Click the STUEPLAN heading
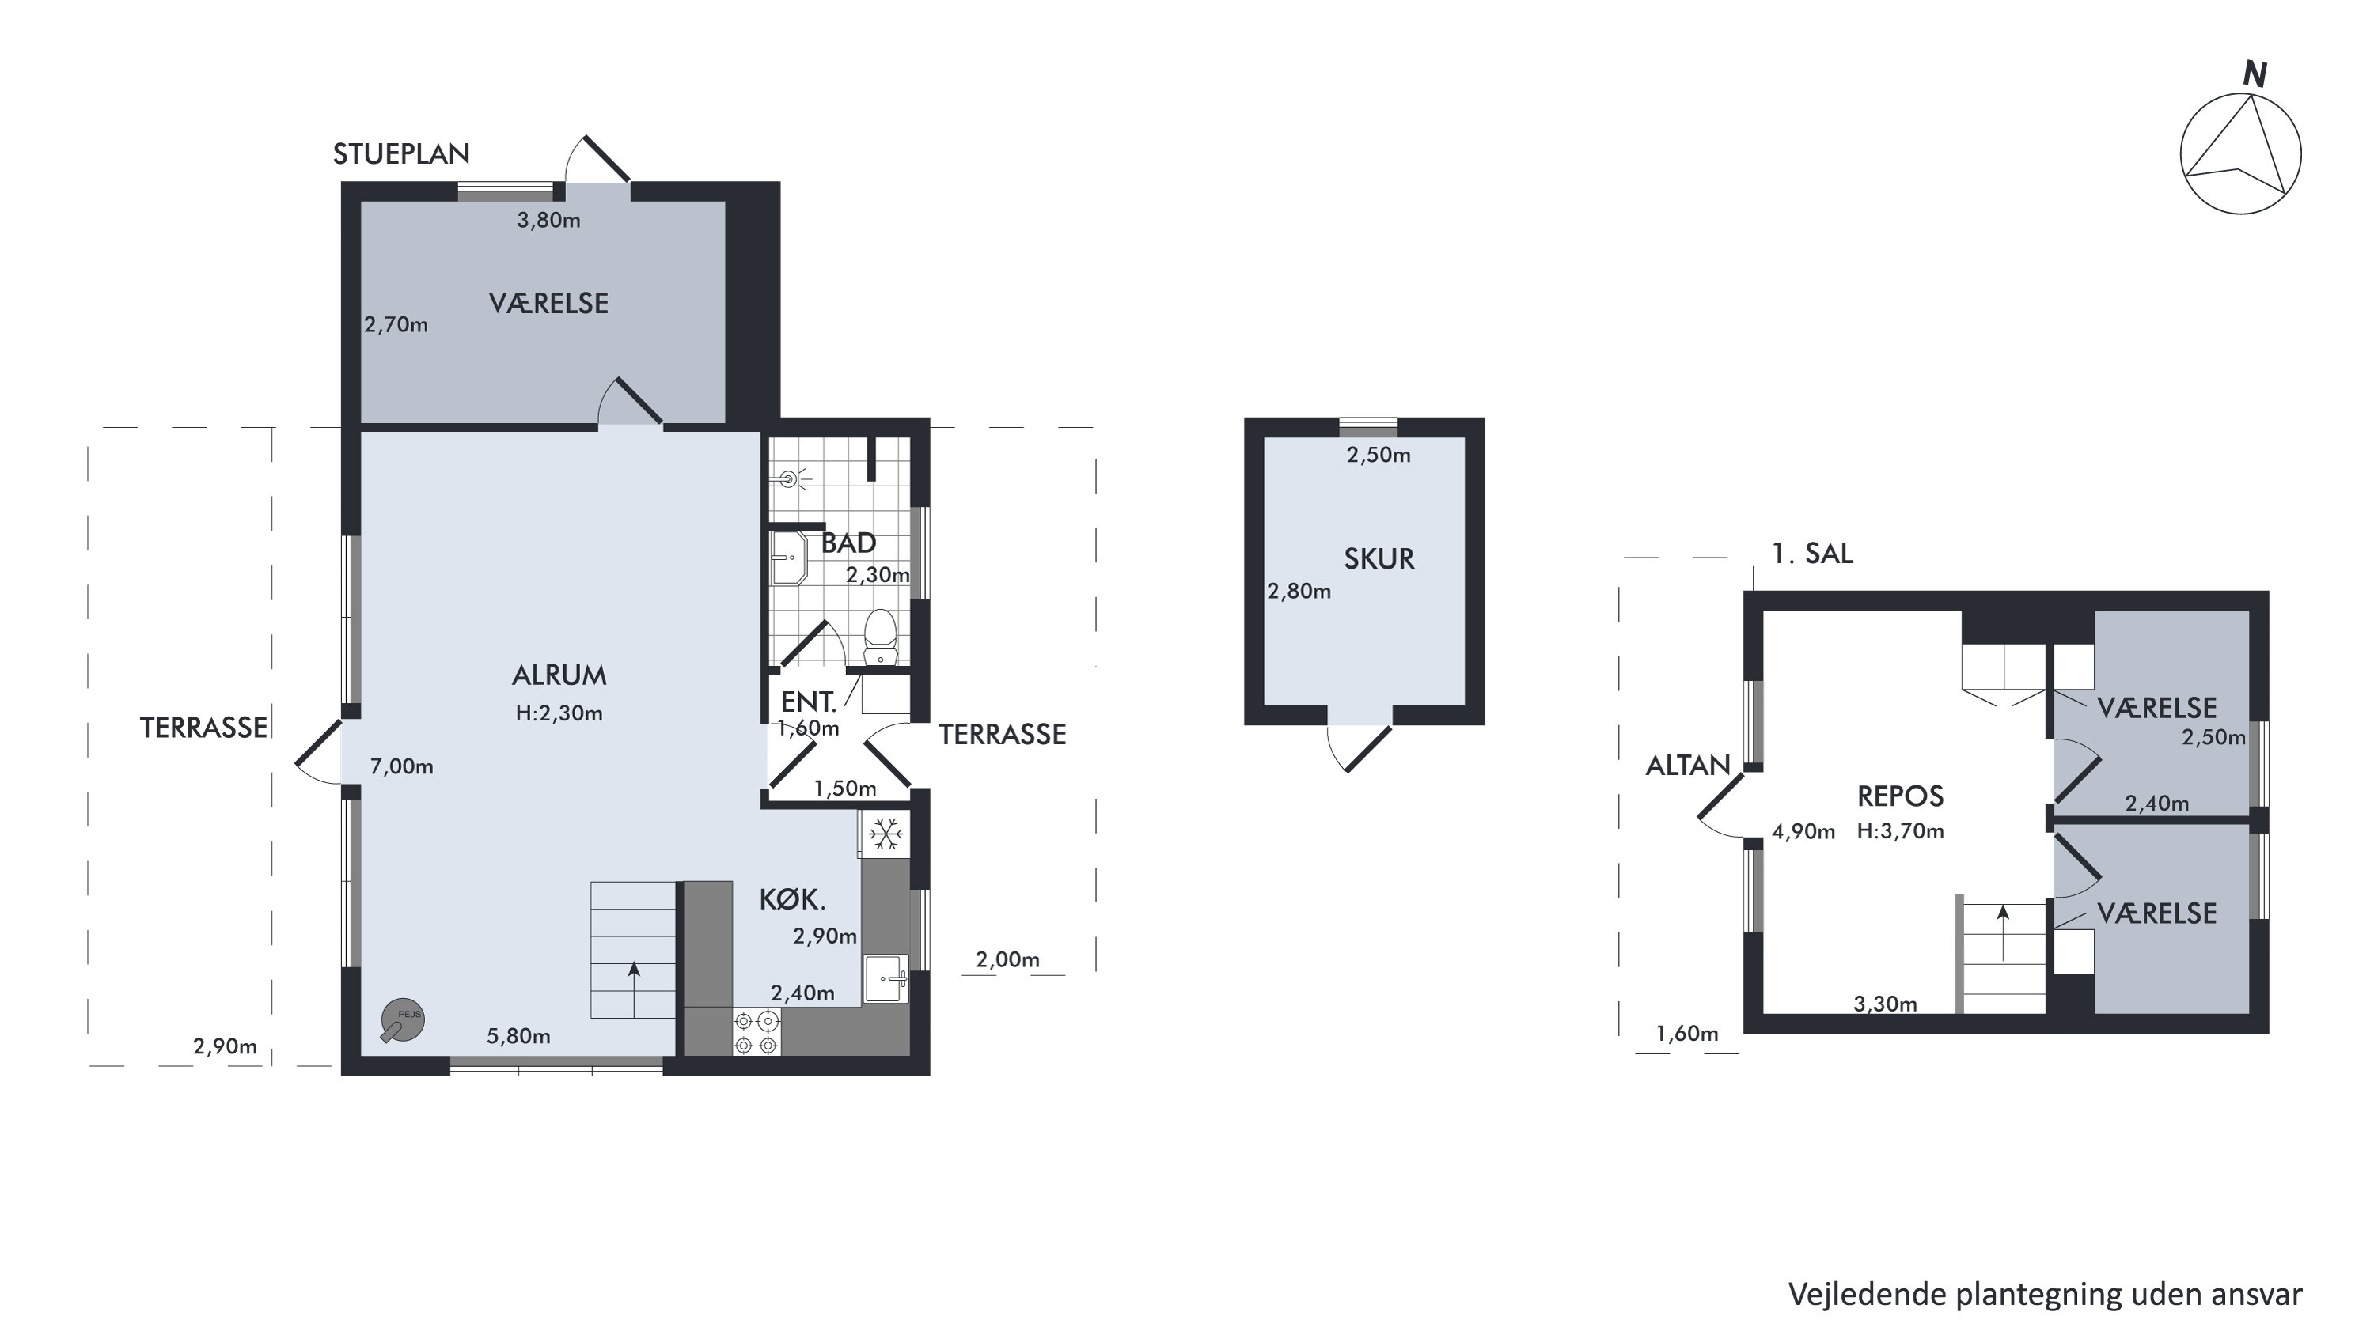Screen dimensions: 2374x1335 point(401,154)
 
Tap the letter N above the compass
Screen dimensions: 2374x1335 point(2255,74)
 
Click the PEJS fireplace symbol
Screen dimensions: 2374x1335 point(403,1021)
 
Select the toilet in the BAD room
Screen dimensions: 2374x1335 point(880,636)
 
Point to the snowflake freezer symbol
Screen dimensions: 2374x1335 point(886,834)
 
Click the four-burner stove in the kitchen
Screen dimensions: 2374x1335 point(757,1032)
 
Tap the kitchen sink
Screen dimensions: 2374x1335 point(886,978)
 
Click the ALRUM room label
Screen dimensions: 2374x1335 point(559,675)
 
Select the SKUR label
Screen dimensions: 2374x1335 point(1379,558)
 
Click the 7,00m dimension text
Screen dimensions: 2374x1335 point(402,766)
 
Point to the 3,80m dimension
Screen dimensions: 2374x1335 point(548,220)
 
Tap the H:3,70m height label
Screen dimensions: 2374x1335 point(1900,831)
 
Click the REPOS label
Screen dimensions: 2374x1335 point(1900,796)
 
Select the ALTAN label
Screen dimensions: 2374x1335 point(1689,766)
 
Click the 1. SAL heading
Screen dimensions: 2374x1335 point(1812,554)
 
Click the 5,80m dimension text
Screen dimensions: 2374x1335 point(519,1037)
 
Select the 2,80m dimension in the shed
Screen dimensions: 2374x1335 point(1299,592)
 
